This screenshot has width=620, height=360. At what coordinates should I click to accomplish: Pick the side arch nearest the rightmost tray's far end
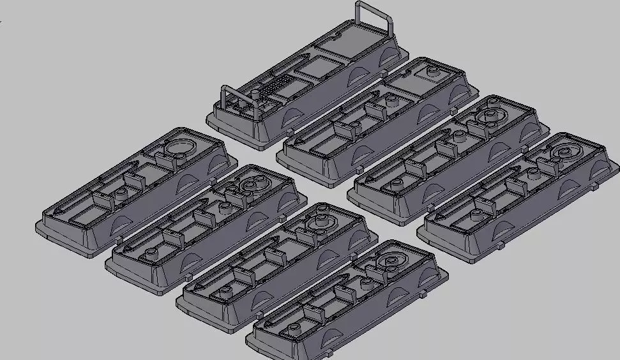tap(598, 167)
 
